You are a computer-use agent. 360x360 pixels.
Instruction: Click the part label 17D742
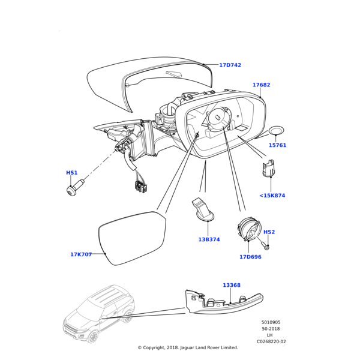pos(230,65)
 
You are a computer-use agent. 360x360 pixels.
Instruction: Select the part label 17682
pos(261,85)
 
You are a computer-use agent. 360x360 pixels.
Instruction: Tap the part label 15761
pos(277,145)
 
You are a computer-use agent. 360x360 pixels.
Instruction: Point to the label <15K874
pos(272,196)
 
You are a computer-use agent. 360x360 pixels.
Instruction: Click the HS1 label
pos(71,173)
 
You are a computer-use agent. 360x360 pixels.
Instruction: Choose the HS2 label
pos(269,232)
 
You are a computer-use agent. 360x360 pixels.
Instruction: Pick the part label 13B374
pos(209,239)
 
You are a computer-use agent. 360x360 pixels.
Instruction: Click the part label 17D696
pos(250,257)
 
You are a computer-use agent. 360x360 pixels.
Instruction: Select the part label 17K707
pos(80,254)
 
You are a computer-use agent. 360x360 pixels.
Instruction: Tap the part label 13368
pos(232,286)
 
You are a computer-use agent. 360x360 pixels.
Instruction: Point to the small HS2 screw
pos(266,245)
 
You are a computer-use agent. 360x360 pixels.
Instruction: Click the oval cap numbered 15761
pos(277,130)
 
